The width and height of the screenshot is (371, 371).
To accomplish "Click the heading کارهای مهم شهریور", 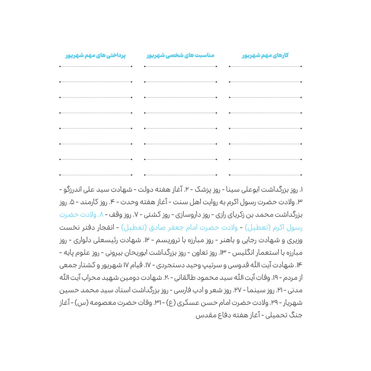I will pos(265,55).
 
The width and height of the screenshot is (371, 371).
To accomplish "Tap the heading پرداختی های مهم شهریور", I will pos(96,55).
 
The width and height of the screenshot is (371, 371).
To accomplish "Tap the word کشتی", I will pos(144,215).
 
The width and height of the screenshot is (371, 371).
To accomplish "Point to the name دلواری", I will pos(81,240).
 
